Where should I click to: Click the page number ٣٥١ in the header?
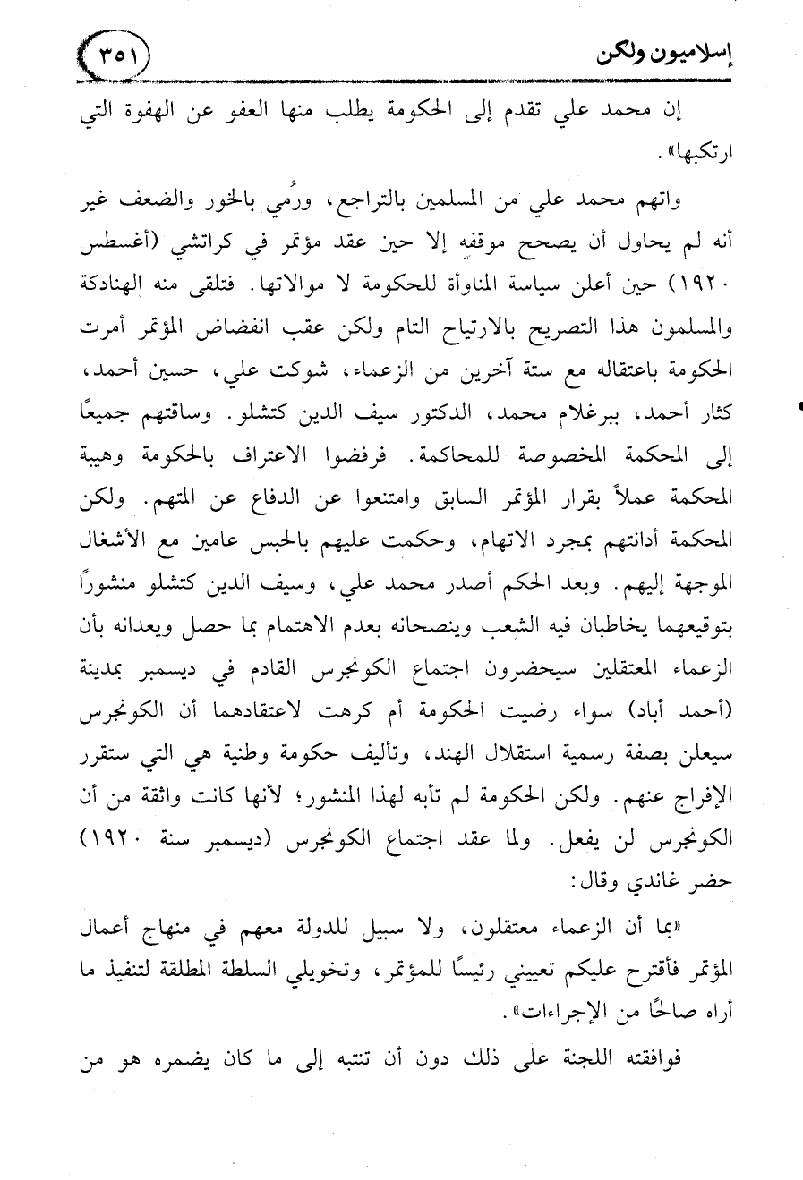pos(115,56)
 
